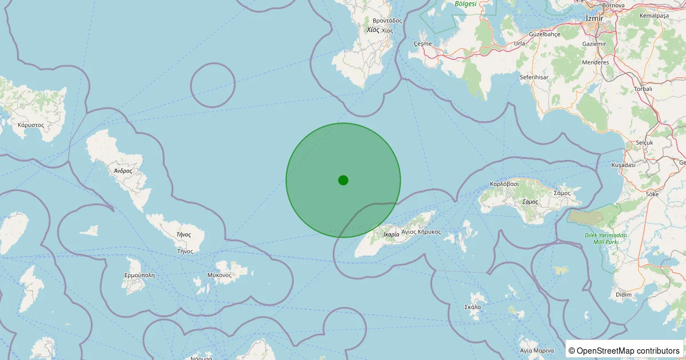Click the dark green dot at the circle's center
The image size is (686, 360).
pyautogui.click(x=343, y=180)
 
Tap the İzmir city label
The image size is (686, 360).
pyautogui.click(x=595, y=19)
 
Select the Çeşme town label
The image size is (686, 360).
pyautogui.click(x=422, y=43)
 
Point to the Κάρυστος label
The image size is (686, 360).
pyautogui.click(x=31, y=124)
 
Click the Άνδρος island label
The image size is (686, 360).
pyautogui.click(x=123, y=170)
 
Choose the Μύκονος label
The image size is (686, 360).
pyautogui.click(x=220, y=275)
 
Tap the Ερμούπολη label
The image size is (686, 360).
pyautogui.click(x=139, y=275)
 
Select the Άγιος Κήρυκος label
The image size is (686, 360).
pyautogui.click(x=421, y=231)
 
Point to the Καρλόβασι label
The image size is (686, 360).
pyautogui.click(x=504, y=184)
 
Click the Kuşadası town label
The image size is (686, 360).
pyautogui.click(x=623, y=165)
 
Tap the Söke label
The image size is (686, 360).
pyautogui.click(x=652, y=194)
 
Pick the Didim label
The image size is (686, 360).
pyautogui.click(x=624, y=294)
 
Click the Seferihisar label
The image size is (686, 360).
pyautogui.click(x=534, y=77)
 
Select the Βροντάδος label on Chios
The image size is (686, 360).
pyautogui.click(x=386, y=21)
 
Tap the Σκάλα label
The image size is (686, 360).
pyautogui.click(x=473, y=307)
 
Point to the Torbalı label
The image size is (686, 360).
pyautogui.click(x=643, y=89)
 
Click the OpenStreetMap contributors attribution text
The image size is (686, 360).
pyautogui.click(x=624, y=350)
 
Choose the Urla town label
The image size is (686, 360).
pyautogui.click(x=519, y=43)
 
